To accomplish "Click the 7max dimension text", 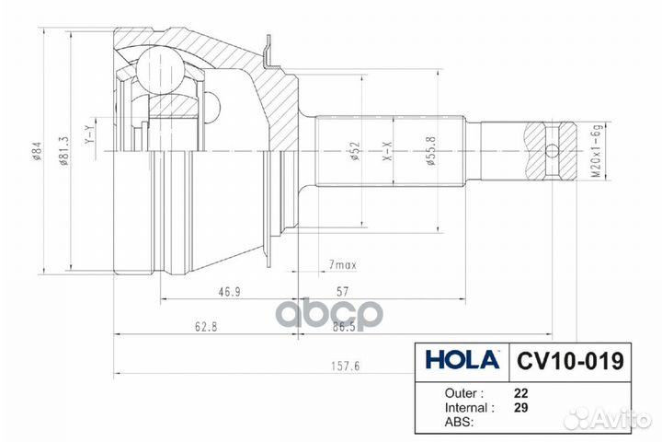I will click(x=344, y=265).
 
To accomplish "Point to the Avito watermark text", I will click(x=621, y=418).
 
